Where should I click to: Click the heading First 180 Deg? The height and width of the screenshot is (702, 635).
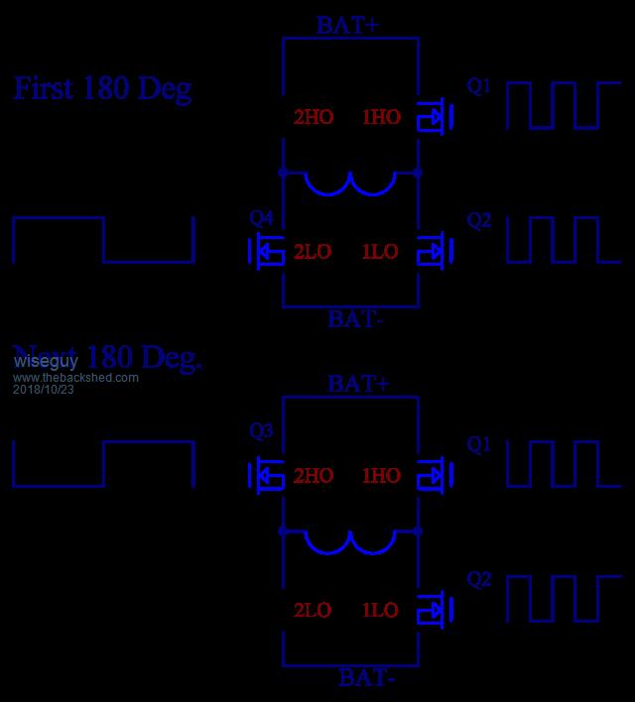point(102,88)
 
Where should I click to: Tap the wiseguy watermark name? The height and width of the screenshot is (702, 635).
point(46,363)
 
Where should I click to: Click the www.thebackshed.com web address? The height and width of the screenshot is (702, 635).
point(75,378)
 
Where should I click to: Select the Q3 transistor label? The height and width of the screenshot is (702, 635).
point(262,431)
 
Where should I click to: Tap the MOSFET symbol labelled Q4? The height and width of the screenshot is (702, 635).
point(265,252)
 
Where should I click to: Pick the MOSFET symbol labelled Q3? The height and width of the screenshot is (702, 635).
point(265,475)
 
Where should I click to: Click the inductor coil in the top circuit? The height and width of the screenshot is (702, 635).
point(350,183)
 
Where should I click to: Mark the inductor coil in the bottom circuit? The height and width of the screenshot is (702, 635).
point(350,542)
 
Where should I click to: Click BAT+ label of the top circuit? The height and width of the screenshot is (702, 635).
point(347,26)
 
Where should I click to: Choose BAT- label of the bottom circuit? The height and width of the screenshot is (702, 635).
point(367,679)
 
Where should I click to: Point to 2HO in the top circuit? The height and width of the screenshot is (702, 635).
point(314,117)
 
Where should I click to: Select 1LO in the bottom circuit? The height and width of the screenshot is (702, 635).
point(380,611)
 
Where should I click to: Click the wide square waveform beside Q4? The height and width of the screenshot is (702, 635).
point(102,240)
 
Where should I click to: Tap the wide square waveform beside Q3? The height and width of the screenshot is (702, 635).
point(102,464)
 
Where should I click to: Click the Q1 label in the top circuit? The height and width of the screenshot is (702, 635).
point(478,86)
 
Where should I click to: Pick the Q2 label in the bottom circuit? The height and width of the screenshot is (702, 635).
point(478,580)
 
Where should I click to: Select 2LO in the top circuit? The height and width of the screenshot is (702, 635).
point(314,252)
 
